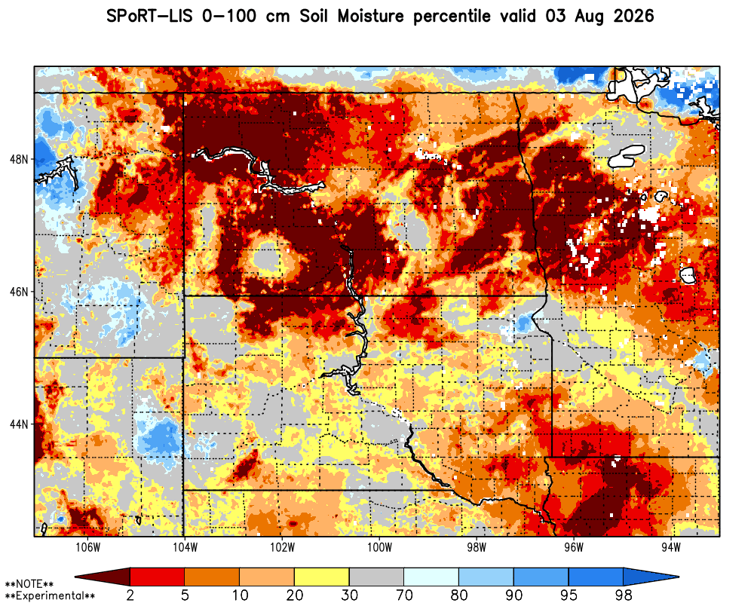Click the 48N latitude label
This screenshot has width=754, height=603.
tap(19, 159)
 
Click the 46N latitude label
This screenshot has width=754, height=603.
tap(19, 292)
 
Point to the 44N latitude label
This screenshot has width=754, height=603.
tap(19, 424)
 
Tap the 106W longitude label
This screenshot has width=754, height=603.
tap(88, 547)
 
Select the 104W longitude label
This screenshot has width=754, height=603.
tap(185, 547)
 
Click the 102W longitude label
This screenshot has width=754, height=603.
tap(282, 547)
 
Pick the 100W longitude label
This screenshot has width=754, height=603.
tap(379, 547)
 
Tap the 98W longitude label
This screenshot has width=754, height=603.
tap(477, 547)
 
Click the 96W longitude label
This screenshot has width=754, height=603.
tap(574, 547)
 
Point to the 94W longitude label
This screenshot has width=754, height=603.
tap(671, 547)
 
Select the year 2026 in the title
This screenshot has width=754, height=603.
tap(634, 17)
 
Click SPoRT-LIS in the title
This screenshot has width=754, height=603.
tap(149, 17)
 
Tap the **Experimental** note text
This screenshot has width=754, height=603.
tap(50, 596)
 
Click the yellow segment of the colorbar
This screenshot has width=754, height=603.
tap(322, 577)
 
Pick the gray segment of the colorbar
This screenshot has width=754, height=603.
tap(376, 577)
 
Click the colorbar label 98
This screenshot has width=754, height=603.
tap(624, 595)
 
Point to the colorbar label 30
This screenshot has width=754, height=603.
tap(350, 595)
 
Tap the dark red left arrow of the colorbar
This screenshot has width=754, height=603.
tap(103, 577)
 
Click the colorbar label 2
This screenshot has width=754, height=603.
tap(130, 595)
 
